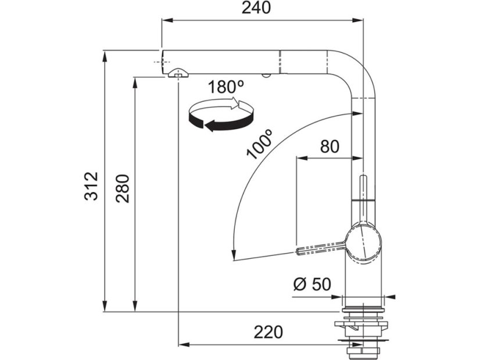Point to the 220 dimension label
(268, 332)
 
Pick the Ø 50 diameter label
(312, 285)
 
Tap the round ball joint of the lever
(364, 243)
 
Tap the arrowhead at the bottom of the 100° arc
(234, 256)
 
